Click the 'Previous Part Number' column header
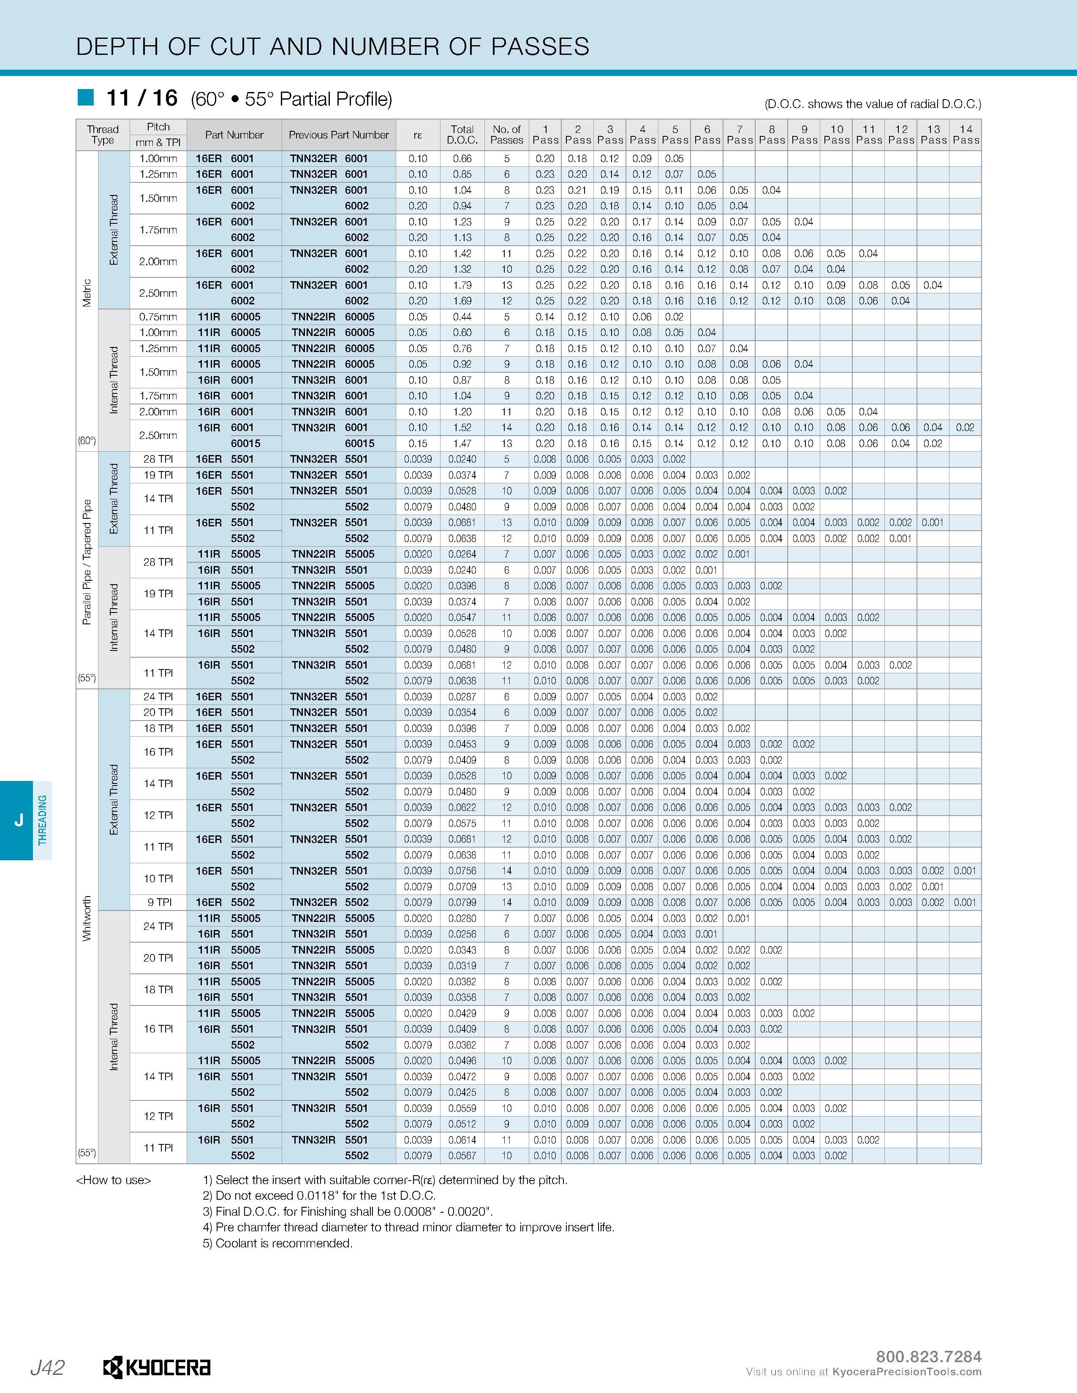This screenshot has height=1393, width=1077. (x=338, y=135)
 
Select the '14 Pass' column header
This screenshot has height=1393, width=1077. (x=965, y=135)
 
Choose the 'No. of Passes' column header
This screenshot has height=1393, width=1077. (x=506, y=135)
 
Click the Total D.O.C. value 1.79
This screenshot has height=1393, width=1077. (x=462, y=285)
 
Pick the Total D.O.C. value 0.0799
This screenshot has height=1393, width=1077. (x=462, y=902)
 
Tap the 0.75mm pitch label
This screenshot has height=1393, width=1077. (x=158, y=317)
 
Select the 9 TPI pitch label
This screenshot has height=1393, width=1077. (x=158, y=902)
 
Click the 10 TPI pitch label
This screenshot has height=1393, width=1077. (x=158, y=878)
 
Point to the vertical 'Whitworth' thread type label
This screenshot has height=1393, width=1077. (x=87, y=919)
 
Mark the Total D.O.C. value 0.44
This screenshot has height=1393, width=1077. (x=462, y=317)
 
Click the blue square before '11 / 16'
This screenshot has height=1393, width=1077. (x=85, y=98)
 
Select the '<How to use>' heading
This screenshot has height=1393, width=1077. (x=114, y=1180)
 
